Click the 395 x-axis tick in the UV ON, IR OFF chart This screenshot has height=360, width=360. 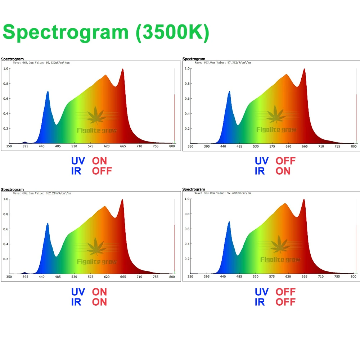(25, 146)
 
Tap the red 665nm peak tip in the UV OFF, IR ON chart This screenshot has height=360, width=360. (304, 69)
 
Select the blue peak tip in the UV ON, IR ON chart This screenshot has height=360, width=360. (48, 223)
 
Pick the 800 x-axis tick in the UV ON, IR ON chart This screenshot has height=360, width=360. (172, 277)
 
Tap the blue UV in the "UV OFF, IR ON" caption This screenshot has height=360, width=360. (261, 161)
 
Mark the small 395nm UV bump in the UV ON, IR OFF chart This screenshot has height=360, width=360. (25, 143)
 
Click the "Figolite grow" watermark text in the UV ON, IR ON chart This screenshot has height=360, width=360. (97, 262)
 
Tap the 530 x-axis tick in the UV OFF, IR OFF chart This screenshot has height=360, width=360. (256, 277)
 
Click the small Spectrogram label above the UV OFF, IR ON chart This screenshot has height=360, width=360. (194, 59)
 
